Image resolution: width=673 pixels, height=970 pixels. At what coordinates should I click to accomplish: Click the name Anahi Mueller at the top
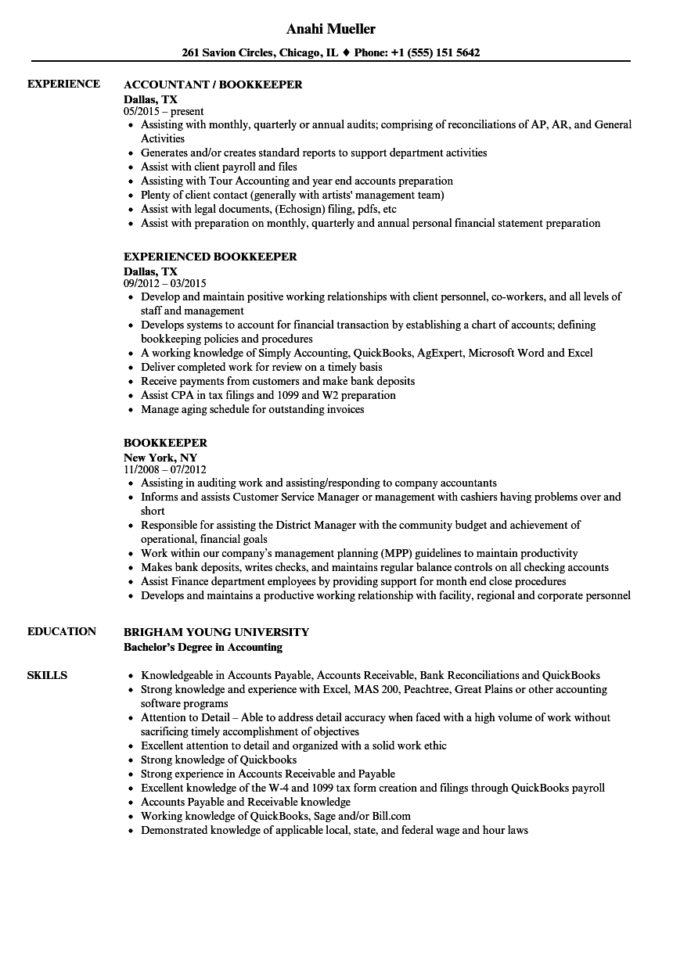(336, 30)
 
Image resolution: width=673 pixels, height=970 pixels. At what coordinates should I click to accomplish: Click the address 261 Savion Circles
(236, 53)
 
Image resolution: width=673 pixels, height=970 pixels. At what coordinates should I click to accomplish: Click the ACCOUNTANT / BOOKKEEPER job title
(212, 85)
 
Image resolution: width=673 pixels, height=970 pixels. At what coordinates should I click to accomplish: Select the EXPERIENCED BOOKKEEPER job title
(209, 257)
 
